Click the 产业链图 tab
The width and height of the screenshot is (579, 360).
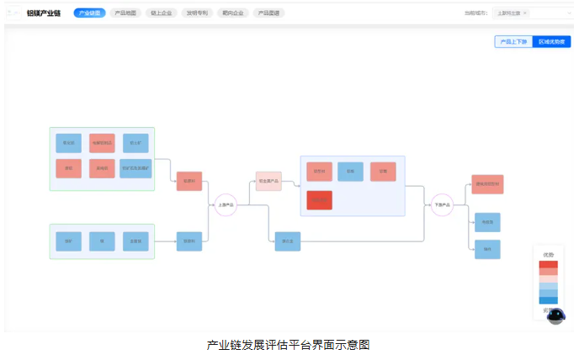pyautogui.click(x=89, y=13)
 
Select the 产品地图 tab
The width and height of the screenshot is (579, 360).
pyautogui.click(x=125, y=13)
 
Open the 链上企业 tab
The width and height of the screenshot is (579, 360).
pyautogui.click(x=162, y=13)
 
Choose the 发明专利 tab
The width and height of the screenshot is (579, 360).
pyautogui.click(x=198, y=13)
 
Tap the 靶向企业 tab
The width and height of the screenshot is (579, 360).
pyautogui.click(x=233, y=13)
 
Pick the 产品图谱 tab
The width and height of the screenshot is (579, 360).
pyautogui.click(x=269, y=13)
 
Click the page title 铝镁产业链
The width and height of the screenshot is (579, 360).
pyautogui.click(x=44, y=13)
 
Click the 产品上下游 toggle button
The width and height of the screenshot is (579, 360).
pyautogui.click(x=514, y=41)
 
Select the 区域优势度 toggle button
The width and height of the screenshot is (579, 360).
pyautogui.click(x=551, y=41)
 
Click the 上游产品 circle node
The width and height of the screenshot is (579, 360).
pyautogui.click(x=226, y=204)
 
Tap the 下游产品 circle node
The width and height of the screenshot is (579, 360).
pyautogui.click(x=442, y=204)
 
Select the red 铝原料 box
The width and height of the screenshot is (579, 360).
pyautogui.click(x=189, y=181)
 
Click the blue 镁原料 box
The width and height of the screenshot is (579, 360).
pyautogui.click(x=189, y=241)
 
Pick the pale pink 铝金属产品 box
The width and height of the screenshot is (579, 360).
pyautogui.click(x=268, y=181)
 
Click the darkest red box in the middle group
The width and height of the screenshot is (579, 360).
pyautogui.click(x=319, y=201)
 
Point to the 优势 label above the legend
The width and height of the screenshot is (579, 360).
pyautogui.click(x=549, y=254)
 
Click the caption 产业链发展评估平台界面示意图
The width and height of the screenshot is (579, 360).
pyautogui.click(x=289, y=345)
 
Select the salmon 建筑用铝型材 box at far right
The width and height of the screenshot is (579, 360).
pyautogui.click(x=487, y=184)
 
